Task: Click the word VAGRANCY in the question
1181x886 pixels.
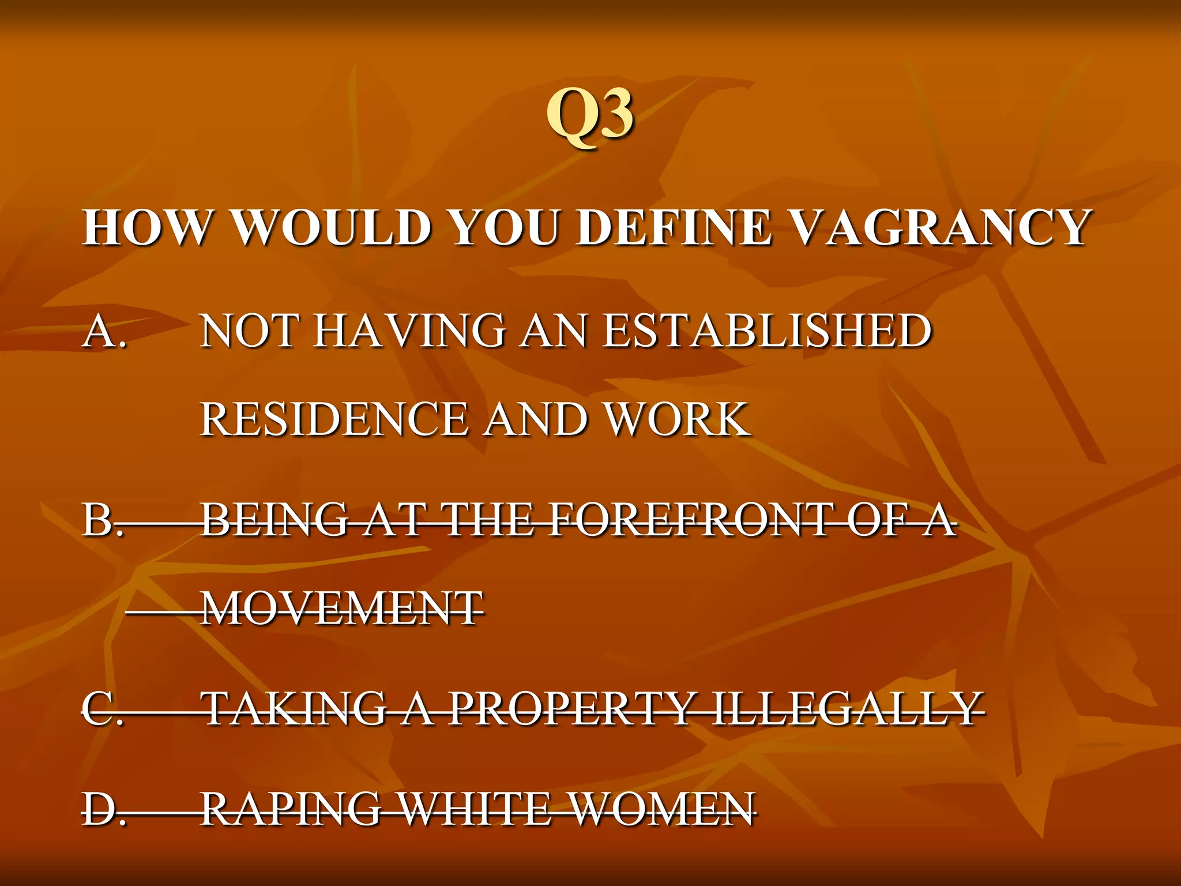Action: pyautogui.click(x=938, y=227)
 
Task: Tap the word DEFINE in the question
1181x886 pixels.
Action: pyautogui.click(x=674, y=227)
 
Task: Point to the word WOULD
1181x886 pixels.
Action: pyautogui.click(x=332, y=227)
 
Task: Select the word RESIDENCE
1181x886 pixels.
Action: pyautogui.click(x=334, y=419)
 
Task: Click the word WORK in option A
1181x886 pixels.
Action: pyautogui.click(x=678, y=419)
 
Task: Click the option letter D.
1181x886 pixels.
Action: pyautogui.click(x=103, y=809)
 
